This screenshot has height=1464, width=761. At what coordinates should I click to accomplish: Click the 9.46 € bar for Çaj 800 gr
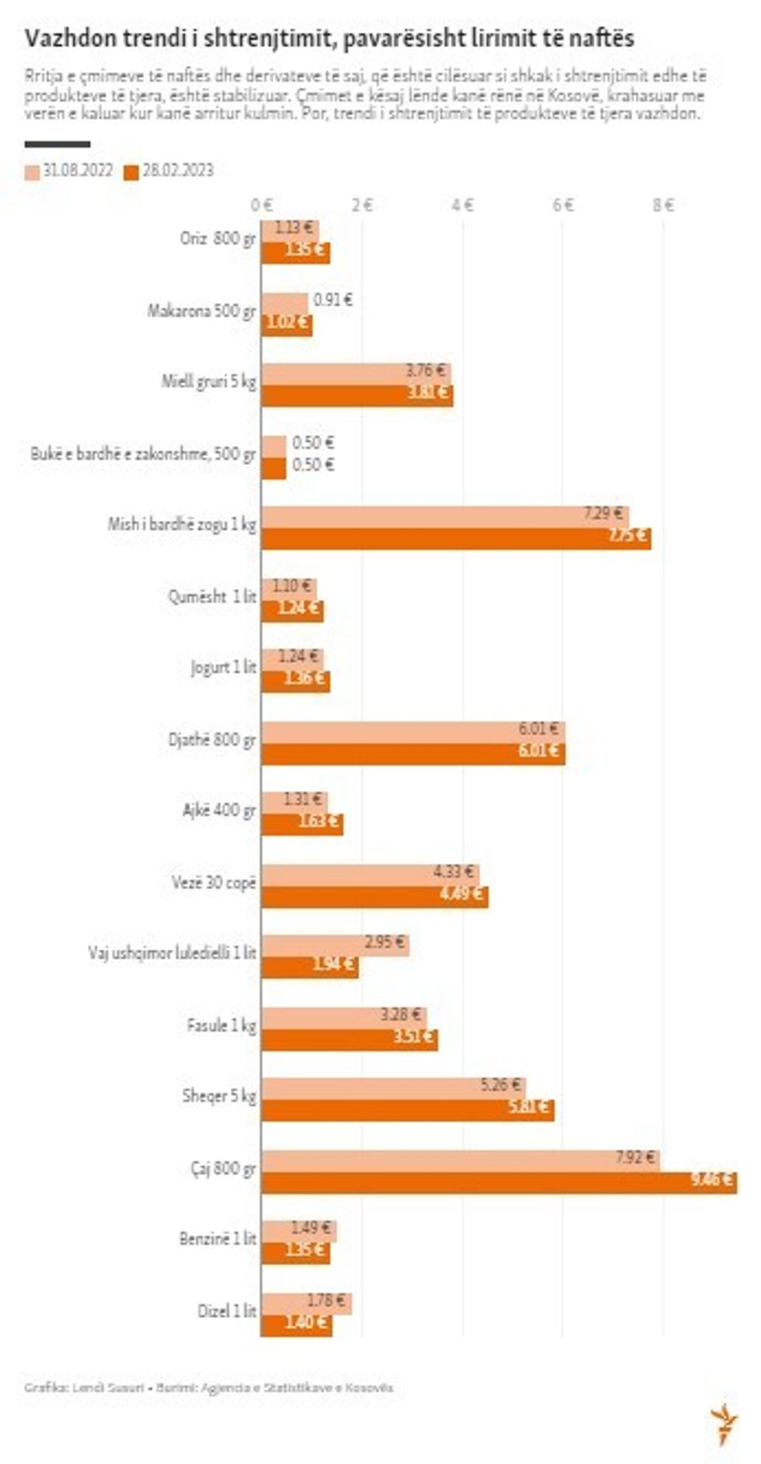tap(499, 1182)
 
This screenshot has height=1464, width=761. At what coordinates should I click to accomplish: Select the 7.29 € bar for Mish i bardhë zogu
tap(444, 515)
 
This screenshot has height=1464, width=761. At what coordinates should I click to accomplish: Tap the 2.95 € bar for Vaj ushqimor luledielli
tap(335, 945)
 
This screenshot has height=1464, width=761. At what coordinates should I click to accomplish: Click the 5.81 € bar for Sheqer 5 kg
tap(408, 1110)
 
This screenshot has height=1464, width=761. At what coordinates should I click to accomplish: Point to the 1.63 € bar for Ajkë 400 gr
tap(302, 824)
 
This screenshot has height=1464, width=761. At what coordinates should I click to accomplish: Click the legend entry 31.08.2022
tap(69, 172)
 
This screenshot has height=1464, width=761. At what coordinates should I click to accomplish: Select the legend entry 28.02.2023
tap(169, 172)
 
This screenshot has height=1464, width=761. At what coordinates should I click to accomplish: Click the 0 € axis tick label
tap(262, 205)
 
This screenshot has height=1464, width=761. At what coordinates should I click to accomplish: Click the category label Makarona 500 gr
tap(201, 311)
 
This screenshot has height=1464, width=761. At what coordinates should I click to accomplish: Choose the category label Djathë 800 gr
tap(211, 740)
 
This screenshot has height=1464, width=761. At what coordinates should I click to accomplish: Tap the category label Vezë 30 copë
tap(214, 883)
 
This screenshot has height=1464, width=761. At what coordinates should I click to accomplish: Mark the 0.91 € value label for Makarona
tap(332, 300)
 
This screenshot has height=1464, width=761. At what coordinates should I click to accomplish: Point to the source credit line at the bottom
tap(208, 1387)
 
